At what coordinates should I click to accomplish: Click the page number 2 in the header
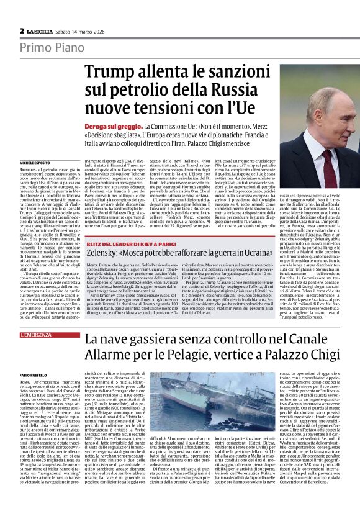(x=22, y=30)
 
